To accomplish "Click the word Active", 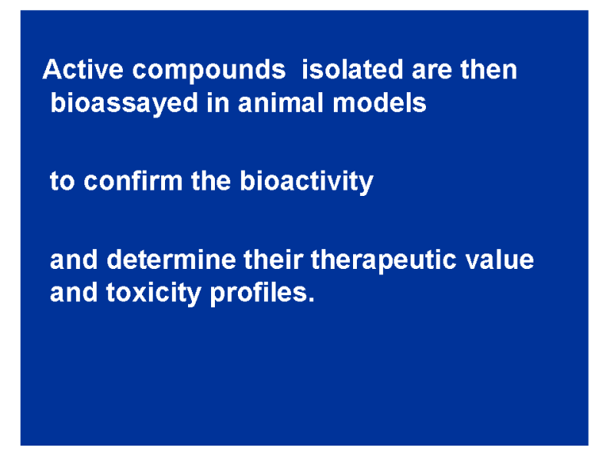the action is coord(83,69).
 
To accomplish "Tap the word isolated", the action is coord(352,69).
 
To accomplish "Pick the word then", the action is coord(489,69).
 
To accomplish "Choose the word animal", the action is coord(281,103).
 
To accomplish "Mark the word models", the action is coord(379,103).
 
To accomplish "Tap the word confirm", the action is coord(133,181).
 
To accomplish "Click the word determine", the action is coord(171,259).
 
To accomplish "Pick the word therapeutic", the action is coord(384,261).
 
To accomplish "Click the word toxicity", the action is coord(153,294).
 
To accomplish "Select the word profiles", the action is coord(259,294).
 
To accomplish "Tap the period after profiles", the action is coord(312,300).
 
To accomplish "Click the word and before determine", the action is coord(74,259).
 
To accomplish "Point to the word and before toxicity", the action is coord(74,293).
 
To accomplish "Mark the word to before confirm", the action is coord(62,182).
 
